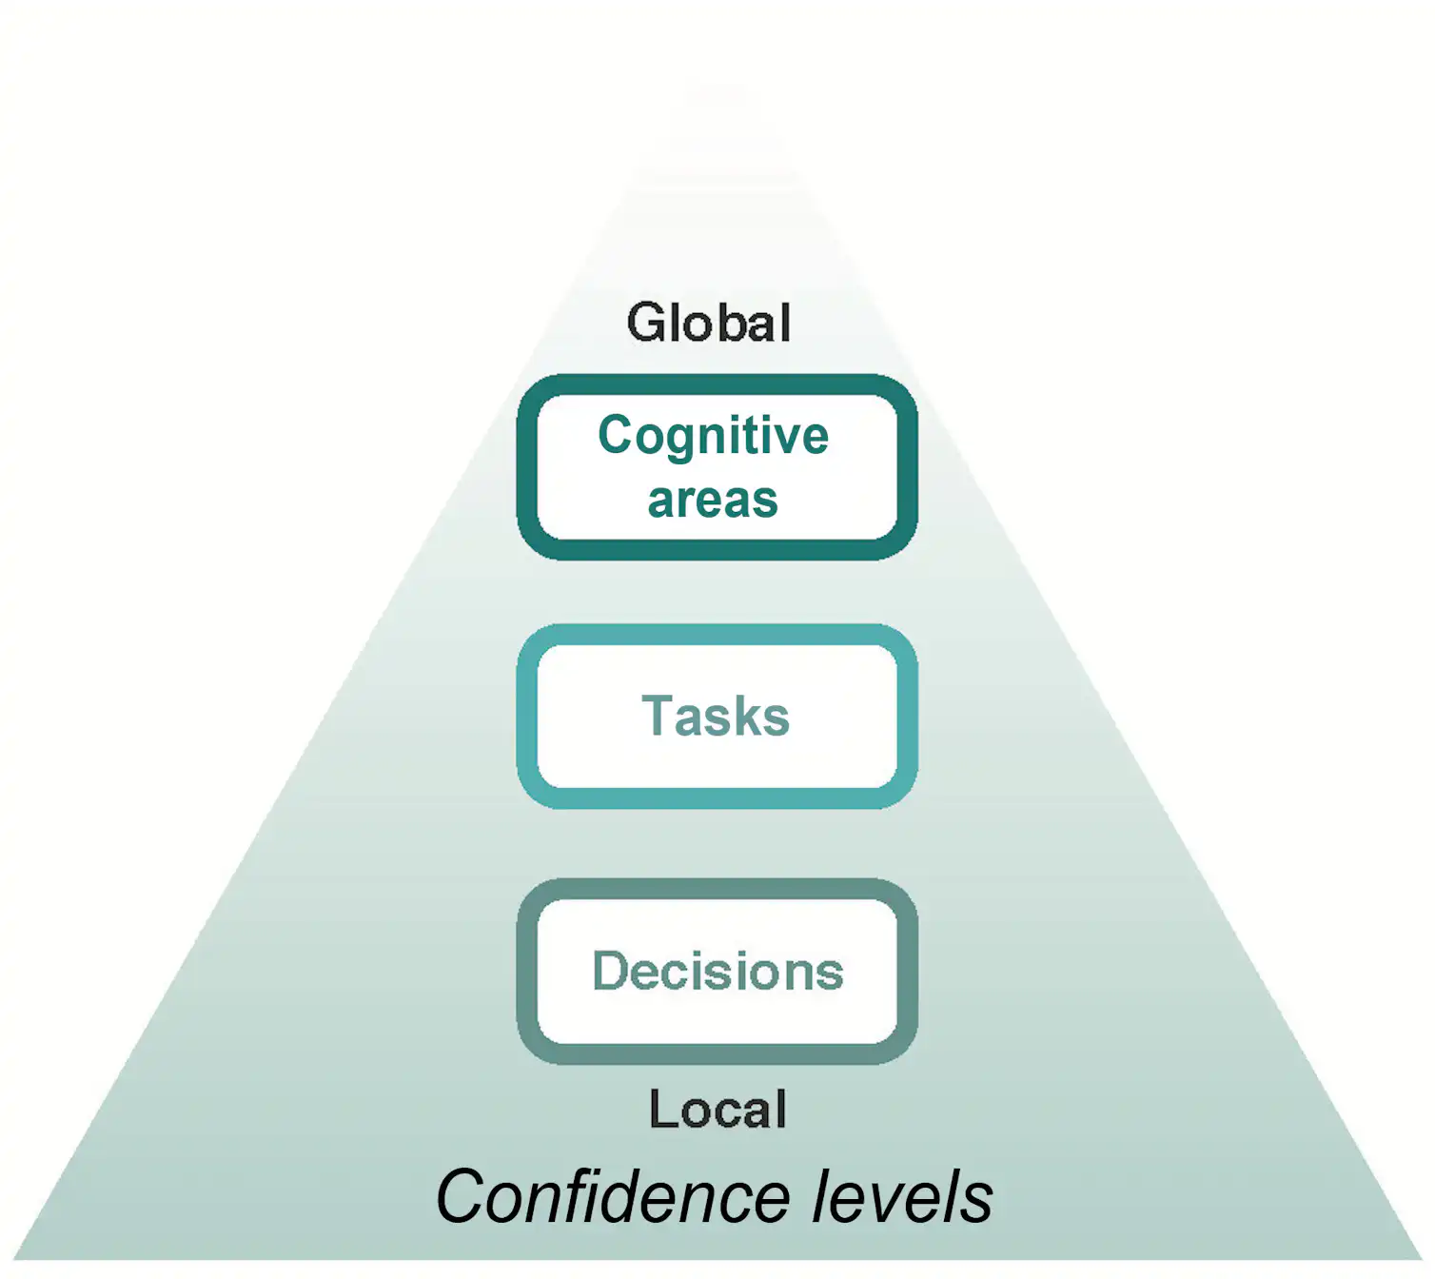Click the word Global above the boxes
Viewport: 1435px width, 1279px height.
coord(709,323)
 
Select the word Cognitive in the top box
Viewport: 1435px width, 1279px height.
coord(713,436)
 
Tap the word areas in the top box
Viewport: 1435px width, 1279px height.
coord(713,501)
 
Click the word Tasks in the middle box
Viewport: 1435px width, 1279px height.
coord(716,716)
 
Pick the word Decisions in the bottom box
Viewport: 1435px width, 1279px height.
coord(717,971)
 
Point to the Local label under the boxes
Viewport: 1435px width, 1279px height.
coord(717,1110)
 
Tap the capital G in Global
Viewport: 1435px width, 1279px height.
coord(647,323)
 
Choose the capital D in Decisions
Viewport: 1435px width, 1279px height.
coord(611,971)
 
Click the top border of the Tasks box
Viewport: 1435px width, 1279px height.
coord(717,635)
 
